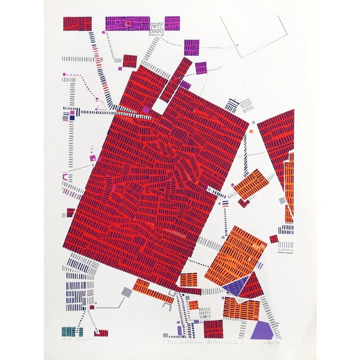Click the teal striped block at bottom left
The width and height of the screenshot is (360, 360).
(x=69, y=331)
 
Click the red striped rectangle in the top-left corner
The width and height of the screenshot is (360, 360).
(x=77, y=24)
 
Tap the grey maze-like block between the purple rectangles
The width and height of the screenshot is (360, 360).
(x=157, y=28)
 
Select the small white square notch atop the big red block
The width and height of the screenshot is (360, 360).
(x=159, y=106)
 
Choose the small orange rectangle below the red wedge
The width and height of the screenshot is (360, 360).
(x=250, y=184)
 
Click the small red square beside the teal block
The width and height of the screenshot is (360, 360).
(x=103, y=333)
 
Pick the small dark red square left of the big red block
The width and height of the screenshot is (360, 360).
(x=70, y=212)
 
